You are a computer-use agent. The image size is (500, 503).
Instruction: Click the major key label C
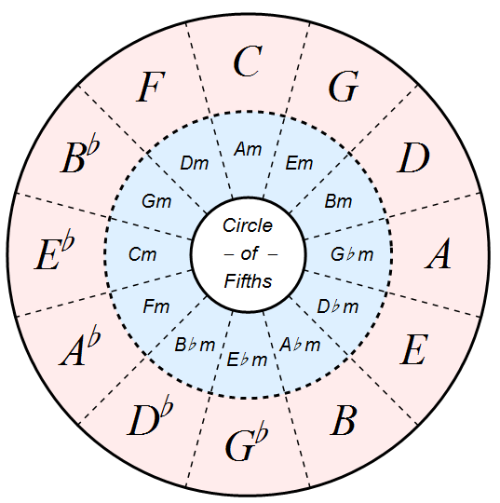248,61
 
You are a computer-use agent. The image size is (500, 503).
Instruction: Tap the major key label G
344,86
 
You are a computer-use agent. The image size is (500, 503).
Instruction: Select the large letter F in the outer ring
151,87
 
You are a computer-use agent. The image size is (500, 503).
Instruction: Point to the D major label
413,157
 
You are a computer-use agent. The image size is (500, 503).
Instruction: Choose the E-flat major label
55,253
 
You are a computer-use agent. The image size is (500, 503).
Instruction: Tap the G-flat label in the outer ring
247,444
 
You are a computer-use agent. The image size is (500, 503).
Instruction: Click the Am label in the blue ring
248,149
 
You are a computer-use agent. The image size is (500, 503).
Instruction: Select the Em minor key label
299,163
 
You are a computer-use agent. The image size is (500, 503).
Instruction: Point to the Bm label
338,201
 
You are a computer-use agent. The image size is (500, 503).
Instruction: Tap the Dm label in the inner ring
195,163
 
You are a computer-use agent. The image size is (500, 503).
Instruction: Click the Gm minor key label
156,201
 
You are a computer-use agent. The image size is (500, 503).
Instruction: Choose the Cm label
142,254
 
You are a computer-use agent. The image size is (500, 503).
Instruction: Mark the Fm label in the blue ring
156,306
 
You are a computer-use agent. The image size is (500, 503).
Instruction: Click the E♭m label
247,360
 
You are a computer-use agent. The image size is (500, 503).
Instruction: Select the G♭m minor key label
352,254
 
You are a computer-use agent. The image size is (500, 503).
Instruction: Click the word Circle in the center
248,225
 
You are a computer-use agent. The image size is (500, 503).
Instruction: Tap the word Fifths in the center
248,281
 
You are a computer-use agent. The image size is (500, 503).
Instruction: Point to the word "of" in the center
249,254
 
